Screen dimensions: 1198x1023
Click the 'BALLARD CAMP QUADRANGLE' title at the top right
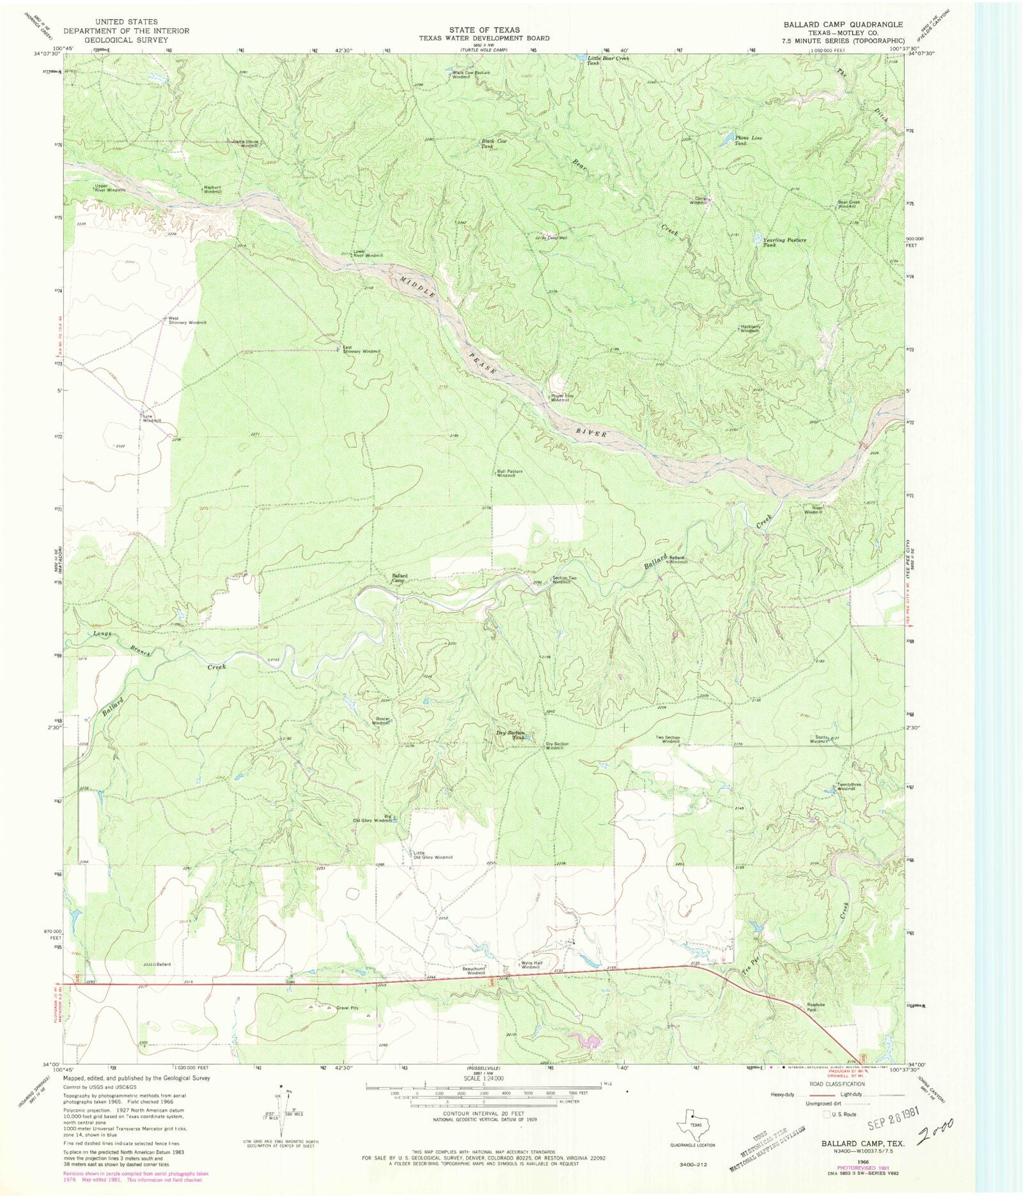(843, 24)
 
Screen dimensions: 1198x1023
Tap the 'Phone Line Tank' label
(748, 141)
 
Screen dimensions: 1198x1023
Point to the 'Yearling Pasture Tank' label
(784, 242)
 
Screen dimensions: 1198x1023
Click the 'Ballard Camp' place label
(400, 578)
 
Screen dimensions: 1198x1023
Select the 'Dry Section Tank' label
(510, 735)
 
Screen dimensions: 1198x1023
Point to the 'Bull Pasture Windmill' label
(510, 473)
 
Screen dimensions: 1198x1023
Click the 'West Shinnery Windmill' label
(187, 320)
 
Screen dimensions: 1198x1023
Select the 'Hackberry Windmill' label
(751, 328)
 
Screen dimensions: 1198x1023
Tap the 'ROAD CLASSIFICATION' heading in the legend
(837, 1084)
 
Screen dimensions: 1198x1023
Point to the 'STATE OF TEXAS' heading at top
(483, 30)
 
